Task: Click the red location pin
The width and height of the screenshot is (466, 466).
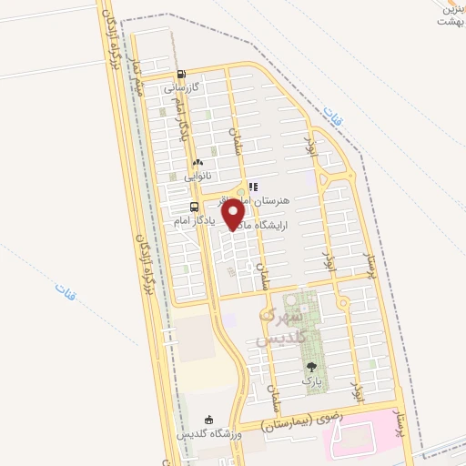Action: [234, 213]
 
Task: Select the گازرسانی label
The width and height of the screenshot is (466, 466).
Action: [180, 89]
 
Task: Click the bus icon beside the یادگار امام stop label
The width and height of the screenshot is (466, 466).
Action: [181, 207]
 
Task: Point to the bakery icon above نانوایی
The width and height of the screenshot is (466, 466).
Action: [198, 162]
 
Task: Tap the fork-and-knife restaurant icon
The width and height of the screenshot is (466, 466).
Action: [252, 186]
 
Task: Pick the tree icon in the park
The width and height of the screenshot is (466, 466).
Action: [312, 366]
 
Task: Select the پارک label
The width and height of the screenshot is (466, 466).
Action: [312, 379]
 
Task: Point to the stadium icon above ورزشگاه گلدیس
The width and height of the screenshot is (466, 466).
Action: [209, 420]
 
